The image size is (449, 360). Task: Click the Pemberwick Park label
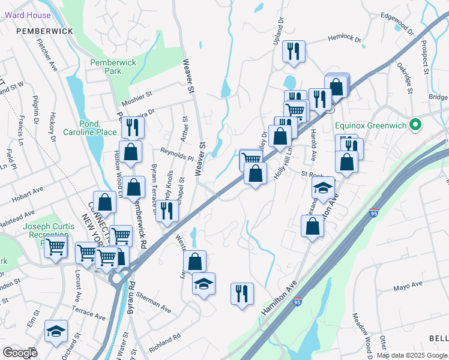click(x=113, y=67)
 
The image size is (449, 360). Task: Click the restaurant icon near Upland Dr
click(x=294, y=52)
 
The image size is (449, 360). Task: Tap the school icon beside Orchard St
click(x=56, y=331)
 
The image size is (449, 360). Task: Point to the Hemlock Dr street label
click(x=345, y=39)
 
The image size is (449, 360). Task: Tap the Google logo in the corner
click(x=20, y=353)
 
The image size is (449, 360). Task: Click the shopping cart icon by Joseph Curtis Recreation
click(x=56, y=245)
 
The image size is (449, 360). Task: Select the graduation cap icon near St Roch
click(x=324, y=188)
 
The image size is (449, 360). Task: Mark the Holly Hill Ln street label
click(x=283, y=161)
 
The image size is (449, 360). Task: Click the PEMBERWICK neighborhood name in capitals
click(x=44, y=31)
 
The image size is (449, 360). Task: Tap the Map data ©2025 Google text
click(x=412, y=355)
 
